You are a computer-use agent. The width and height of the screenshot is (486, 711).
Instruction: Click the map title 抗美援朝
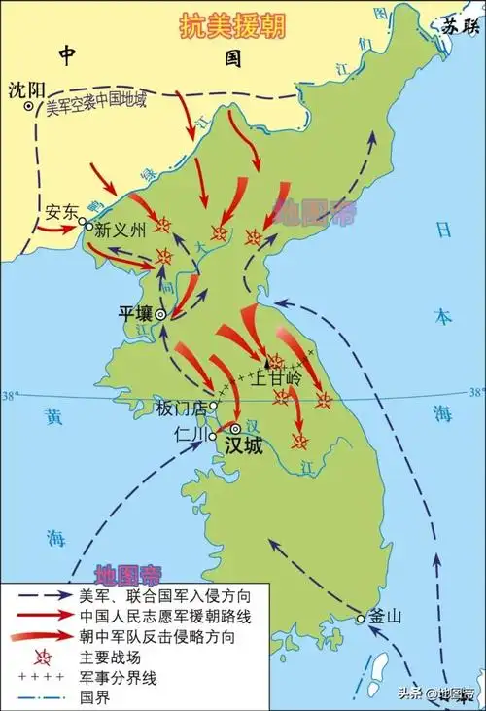tap(232, 27)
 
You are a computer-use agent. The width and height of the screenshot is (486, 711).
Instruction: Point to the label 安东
tap(61, 210)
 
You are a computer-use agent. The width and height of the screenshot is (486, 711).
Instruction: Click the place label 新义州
tap(121, 231)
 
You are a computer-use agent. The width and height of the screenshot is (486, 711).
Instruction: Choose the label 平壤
tap(136, 314)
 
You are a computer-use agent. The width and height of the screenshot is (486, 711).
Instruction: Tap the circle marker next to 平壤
tap(161, 314)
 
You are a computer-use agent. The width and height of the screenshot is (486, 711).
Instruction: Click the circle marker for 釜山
tap(361, 620)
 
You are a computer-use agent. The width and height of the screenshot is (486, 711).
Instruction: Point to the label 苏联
tap(461, 26)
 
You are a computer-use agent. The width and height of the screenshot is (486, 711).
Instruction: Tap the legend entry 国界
tap(93, 693)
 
